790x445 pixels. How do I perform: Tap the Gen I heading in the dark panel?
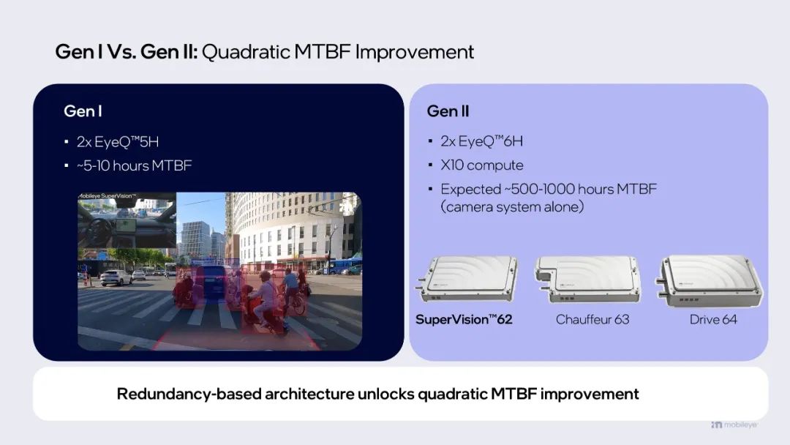click(83, 111)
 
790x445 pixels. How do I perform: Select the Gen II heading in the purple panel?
click(448, 111)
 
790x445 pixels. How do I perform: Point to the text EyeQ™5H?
click(127, 141)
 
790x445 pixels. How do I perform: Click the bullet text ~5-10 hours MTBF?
click(135, 166)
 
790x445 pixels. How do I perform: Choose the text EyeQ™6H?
click(490, 141)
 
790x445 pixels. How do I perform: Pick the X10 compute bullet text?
click(481, 165)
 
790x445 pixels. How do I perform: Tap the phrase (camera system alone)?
click(512, 206)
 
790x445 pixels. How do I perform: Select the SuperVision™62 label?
click(464, 320)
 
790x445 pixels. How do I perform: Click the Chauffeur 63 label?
click(592, 320)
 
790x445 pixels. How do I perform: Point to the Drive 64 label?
click(713, 320)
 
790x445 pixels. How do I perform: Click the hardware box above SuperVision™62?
click(467, 279)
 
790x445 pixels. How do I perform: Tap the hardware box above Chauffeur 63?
click(587, 279)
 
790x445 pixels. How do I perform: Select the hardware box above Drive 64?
click(709, 280)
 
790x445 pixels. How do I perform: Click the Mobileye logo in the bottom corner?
click(734, 425)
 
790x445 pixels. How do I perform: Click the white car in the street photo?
click(116, 277)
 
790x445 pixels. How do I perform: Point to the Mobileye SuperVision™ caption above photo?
click(108, 195)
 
